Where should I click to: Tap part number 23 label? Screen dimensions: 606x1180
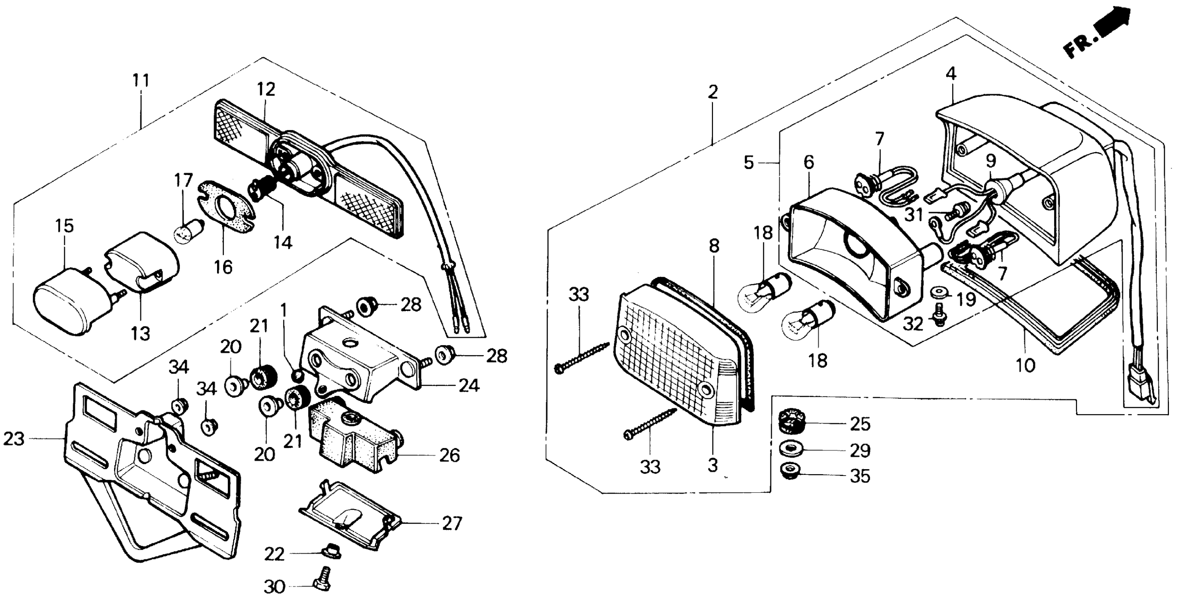coord(14,439)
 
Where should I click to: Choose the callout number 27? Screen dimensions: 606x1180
coord(452,523)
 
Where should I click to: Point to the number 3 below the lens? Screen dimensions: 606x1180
coord(713,466)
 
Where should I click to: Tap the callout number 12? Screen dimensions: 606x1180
coord(266,89)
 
